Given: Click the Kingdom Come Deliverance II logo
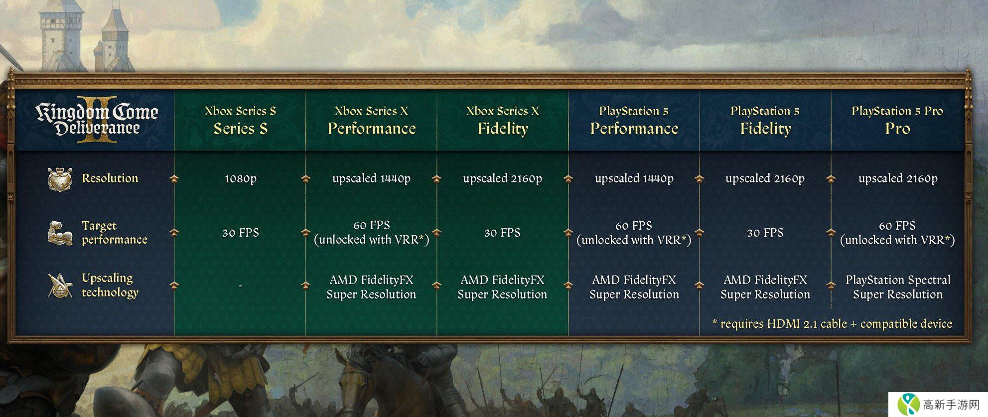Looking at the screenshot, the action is [x=97, y=120].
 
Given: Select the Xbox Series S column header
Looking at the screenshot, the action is [x=241, y=120].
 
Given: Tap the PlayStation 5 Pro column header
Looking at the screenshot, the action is [x=897, y=120].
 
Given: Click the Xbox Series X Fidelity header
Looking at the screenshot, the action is [x=503, y=120].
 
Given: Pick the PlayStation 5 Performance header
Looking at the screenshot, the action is [x=634, y=120].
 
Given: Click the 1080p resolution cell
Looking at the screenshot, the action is [x=241, y=178].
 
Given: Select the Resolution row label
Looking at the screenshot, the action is [x=110, y=178].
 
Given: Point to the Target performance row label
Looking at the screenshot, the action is [x=115, y=233].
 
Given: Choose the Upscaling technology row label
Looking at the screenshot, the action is [x=110, y=285].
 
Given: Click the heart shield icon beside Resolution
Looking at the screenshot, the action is [x=60, y=179].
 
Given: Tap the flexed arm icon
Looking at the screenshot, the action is [x=60, y=233].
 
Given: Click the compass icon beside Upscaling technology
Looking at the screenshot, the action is [x=60, y=285].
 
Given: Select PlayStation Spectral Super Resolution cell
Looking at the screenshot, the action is [x=898, y=287].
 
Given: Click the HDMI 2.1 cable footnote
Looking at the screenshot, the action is [x=832, y=324].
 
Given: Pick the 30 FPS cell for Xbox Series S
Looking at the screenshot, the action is [x=241, y=233].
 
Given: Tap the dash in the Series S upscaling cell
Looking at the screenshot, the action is [x=241, y=286].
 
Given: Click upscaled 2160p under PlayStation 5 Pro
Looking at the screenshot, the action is [x=898, y=178].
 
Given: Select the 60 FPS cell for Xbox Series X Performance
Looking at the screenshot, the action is [x=372, y=233].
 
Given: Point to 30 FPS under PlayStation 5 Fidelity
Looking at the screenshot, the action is [x=765, y=233].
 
